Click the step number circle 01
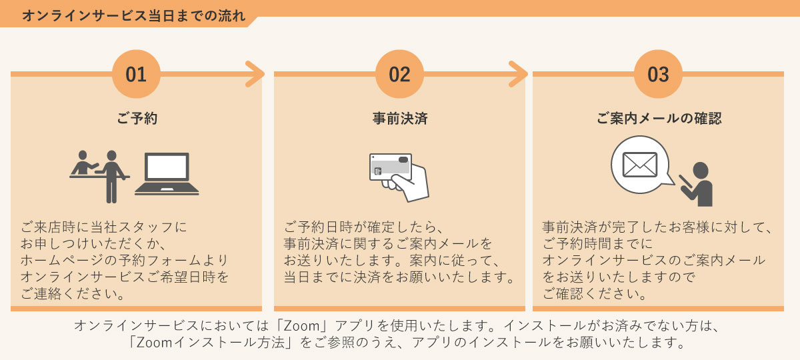136,74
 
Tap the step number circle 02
399,74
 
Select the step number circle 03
658,74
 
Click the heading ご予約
136,119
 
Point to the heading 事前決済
399,119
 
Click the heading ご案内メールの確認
658,119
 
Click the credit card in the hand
391,168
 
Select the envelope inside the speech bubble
639,164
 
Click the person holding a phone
698,185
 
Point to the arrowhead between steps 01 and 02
255,74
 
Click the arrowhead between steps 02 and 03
518,74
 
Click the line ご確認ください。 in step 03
593,293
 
